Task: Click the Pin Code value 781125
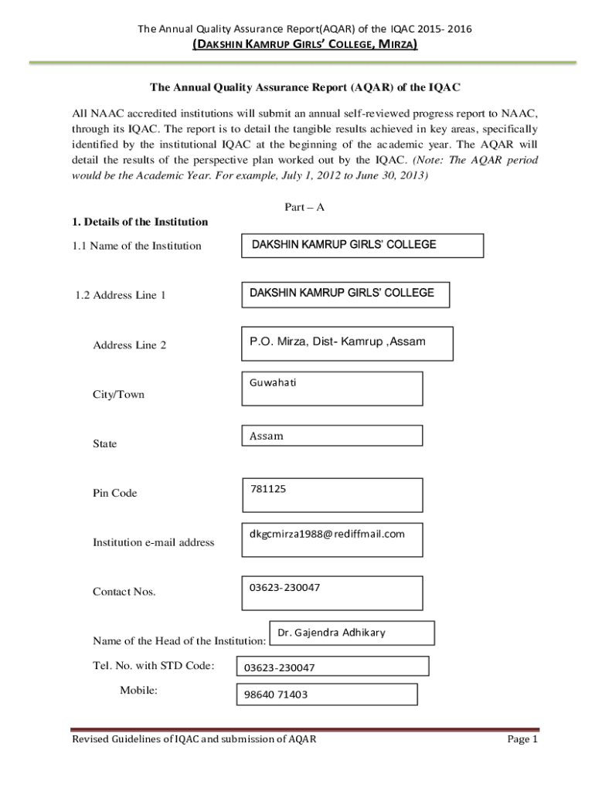tap(268, 488)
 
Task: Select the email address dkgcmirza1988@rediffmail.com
tap(327, 534)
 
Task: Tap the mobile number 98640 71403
tap(276, 694)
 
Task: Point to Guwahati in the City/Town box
tap(273, 382)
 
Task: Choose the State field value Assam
tap(267, 436)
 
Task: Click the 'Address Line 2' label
tap(129, 345)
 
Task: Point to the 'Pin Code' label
tap(114, 493)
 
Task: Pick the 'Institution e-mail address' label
tap(153, 542)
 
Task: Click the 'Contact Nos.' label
tap(124, 592)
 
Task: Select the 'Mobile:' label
tap(139, 690)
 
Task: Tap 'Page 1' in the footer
tap(522, 739)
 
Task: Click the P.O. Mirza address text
tap(337, 341)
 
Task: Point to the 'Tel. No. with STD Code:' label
tap(153, 666)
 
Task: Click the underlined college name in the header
tap(304, 46)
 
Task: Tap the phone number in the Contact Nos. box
tap(284, 587)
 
